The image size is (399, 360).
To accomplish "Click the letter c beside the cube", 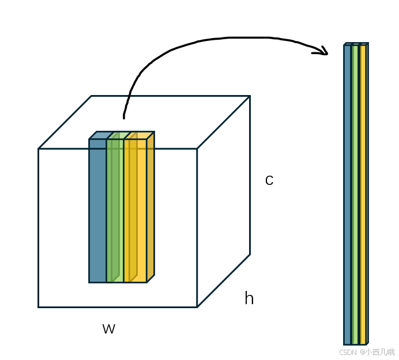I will (269, 181).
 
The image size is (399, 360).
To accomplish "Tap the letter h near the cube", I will (249, 298).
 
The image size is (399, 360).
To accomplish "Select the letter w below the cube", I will (108, 329).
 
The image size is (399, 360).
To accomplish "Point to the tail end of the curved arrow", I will (124, 117).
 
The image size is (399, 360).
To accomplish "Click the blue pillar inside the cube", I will (97, 210).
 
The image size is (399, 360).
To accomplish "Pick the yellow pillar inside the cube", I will (135, 210).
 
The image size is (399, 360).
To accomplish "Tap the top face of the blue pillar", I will (101, 135).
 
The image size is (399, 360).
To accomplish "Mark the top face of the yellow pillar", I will (139, 135).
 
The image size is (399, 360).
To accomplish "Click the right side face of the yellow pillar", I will (150, 207).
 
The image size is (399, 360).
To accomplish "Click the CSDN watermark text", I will (367, 352).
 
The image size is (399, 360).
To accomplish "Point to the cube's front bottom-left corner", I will (39, 307).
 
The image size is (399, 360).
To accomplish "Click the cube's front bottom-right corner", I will (197, 307).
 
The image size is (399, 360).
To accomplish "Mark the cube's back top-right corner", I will (250, 96).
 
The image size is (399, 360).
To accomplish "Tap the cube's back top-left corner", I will (91, 96).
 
